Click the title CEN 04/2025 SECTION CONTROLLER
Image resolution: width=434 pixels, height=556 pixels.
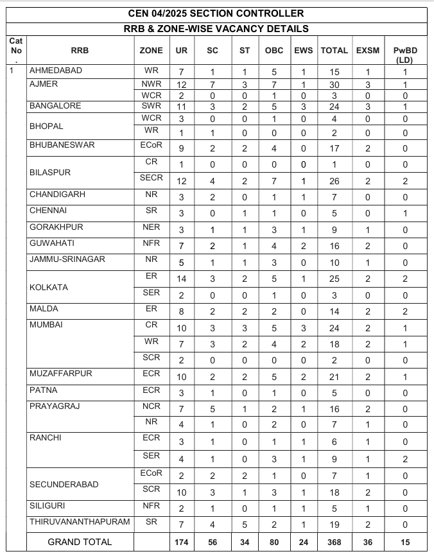216,13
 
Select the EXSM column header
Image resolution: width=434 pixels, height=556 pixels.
368,50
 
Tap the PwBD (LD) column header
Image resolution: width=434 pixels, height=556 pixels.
404,55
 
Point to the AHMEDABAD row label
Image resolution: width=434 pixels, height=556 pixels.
56,71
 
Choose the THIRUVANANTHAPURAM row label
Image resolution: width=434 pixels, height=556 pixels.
80,522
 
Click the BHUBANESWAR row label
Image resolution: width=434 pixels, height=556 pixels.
62,145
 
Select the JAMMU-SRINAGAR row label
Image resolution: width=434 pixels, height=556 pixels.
67,259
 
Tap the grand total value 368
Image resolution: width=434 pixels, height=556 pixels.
334,543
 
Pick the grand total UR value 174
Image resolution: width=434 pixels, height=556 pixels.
182,543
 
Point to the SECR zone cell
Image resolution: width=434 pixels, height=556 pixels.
151,178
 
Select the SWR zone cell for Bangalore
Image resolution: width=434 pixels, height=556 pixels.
151,105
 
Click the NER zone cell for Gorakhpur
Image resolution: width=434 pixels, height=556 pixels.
151,227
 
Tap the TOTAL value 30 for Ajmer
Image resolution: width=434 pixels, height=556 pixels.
334,84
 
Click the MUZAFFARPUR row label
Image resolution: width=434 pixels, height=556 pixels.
60,374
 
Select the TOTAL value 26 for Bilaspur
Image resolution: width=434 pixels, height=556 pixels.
334,181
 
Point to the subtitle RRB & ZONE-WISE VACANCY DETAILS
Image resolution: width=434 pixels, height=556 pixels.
216,29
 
